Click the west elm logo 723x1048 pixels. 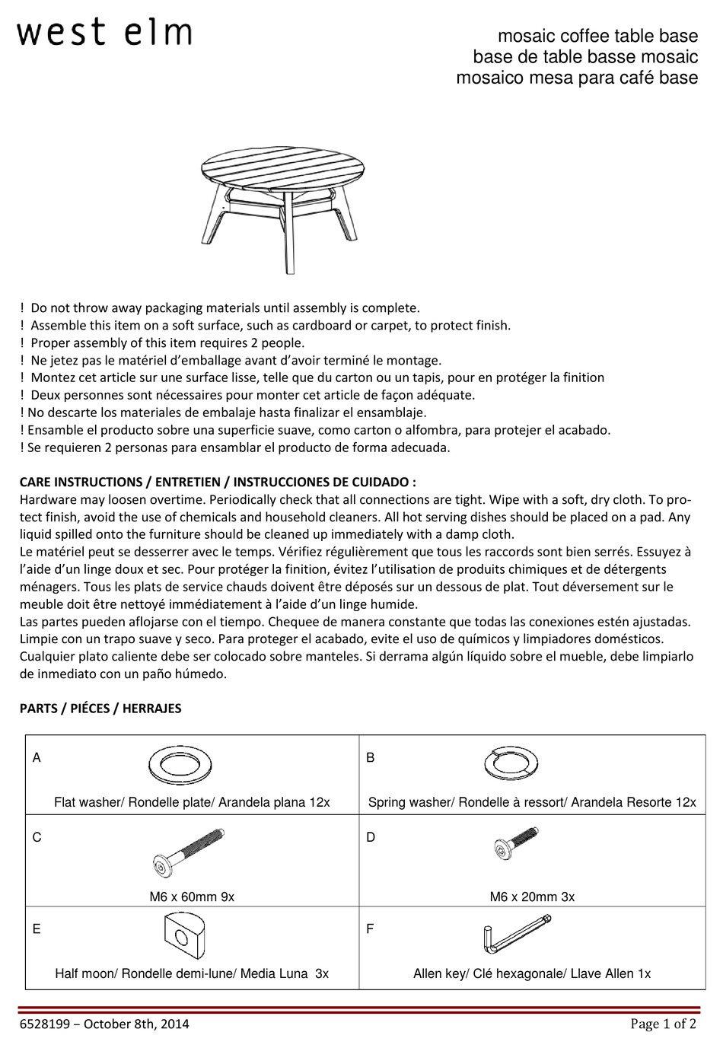pyautogui.click(x=104, y=33)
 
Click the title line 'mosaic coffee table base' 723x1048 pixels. pyautogui.click(x=597, y=36)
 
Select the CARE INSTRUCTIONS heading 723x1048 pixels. pyautogui.click(x=218, y=482)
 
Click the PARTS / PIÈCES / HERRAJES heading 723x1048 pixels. pyautogui.click(x=100, y=708)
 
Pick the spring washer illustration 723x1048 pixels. pyautogui.click(x=511, y=764)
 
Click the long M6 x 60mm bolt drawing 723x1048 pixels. pyautogui.click(x=190, y=857)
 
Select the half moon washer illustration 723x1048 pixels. pyautogui.click(x=185, y=936)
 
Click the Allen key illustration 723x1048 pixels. pyautogui.click(x=515, y=935)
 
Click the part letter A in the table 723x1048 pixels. pyautogui.click(x=37, y=758)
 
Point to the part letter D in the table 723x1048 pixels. pyautogui.click(x=371, y=837)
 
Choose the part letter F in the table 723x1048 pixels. pyautogui.click(x=370, y=929)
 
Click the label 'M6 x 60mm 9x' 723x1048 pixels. pyautogui.click(x=192, y=897)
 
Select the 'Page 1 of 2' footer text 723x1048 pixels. pyautogui.click(x=663, y=1024)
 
